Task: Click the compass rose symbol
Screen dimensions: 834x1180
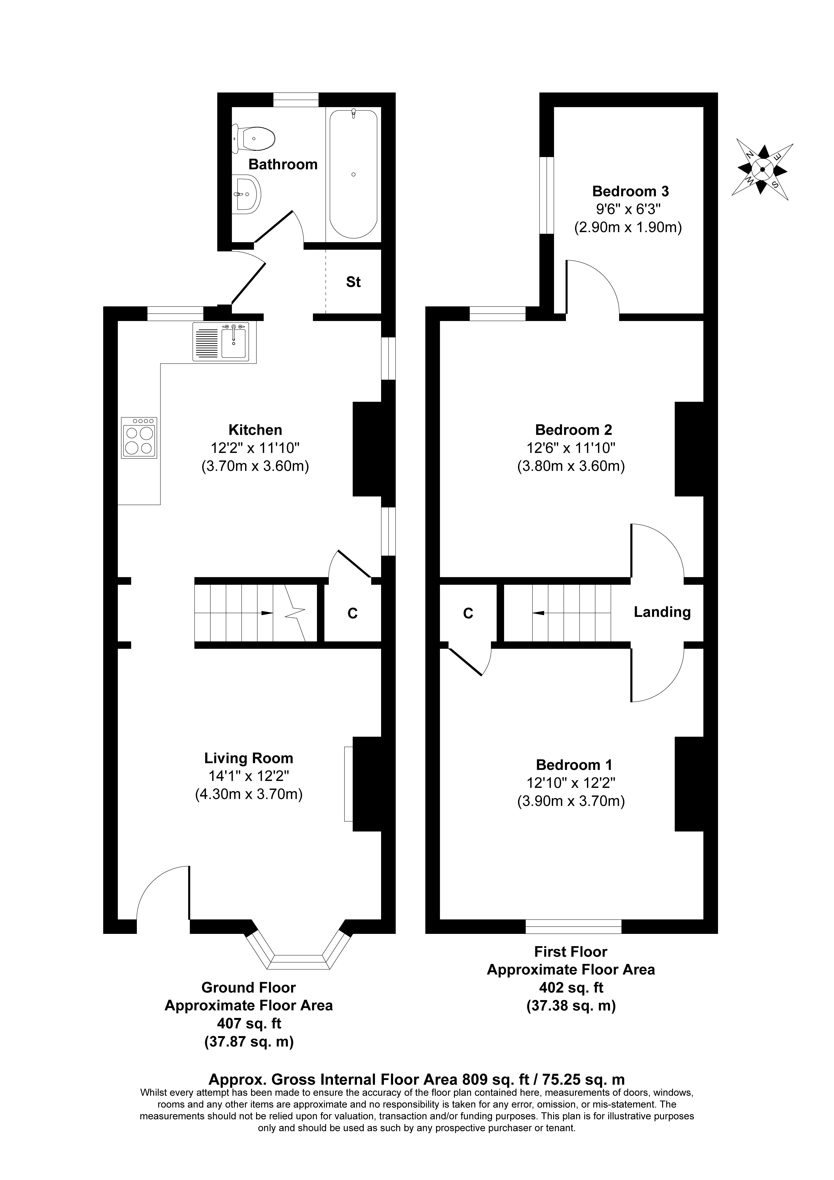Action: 762,169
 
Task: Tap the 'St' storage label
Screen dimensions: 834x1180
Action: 353,282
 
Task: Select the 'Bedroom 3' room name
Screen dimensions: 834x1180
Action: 630,191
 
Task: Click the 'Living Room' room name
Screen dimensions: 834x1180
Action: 249,758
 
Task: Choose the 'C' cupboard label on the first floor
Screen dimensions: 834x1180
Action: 468,613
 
